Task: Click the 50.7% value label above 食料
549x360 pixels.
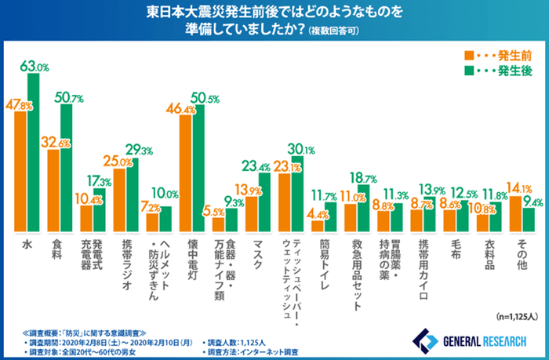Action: click(x=69, y=98)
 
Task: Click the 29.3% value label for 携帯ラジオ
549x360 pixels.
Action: click(x=135, y=151)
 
